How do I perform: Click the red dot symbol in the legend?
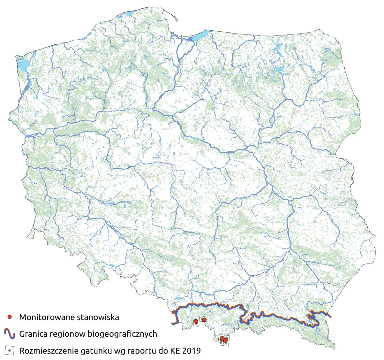coord(10,317)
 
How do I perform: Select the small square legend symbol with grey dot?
coord(10,350)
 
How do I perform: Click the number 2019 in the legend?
coord(192,351)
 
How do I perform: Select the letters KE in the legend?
coord(174,351)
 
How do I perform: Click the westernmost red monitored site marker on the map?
coord(195,321)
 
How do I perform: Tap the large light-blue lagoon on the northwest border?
coord(22,65)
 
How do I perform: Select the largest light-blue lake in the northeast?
coord(280,69)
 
